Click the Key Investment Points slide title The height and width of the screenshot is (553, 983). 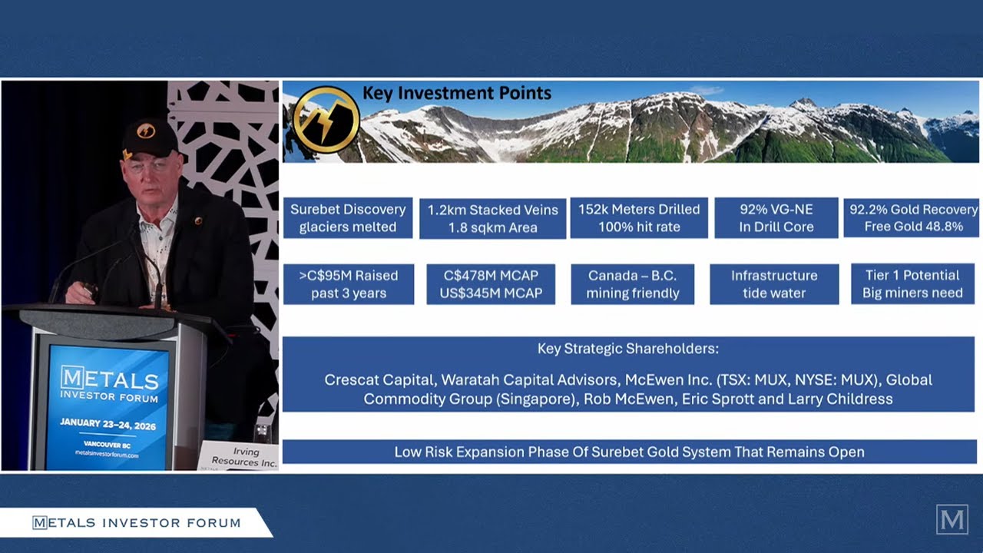click(456, 94)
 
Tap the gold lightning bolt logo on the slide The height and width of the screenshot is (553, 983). click(326, 119)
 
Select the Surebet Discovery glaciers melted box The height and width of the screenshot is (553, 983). click(348, 218)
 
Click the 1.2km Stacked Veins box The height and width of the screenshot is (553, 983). click(492, 218)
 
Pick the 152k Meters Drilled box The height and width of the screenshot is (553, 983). click(639, 218)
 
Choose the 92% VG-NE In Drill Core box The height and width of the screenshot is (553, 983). click(776, 218)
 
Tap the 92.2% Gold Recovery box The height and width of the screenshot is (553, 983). click(912, 218)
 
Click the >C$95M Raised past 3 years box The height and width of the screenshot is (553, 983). click(349, 284)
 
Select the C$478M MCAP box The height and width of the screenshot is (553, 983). click(491, 284)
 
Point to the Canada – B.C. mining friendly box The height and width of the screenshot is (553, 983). click(633, 284)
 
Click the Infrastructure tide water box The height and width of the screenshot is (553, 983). click(773, 284)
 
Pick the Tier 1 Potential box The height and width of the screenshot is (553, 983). click(912, 284)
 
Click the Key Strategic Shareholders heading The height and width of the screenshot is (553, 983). click(627, 349)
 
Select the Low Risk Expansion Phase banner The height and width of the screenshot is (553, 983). click(629, 452)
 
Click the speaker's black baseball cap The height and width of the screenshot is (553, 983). click(149, 137)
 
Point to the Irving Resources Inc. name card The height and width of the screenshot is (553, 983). click(239, 456)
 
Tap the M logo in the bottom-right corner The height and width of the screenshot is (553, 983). click(952, 520)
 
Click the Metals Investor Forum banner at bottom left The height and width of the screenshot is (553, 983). click(136, 523)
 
